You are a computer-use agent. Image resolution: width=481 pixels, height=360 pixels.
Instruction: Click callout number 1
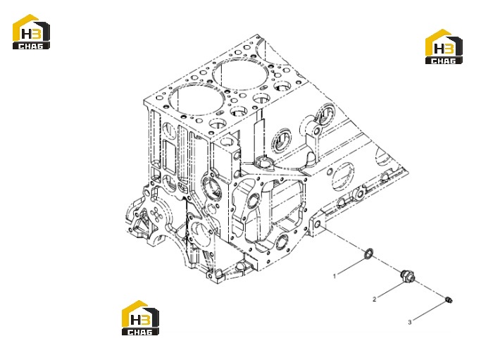[x=335, y=276]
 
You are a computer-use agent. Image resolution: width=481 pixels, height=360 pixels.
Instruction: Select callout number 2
[x=374, y=299]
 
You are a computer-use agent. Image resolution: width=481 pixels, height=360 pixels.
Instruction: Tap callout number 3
[x=410, y=322]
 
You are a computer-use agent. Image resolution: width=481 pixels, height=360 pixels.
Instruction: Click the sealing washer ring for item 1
[x=368, y=254]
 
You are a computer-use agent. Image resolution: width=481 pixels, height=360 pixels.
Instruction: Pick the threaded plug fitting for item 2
[x=408, y=275]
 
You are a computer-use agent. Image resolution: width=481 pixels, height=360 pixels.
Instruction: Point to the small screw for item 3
[x=449, y=299]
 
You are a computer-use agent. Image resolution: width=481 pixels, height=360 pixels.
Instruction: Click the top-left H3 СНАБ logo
[x=31, y=32]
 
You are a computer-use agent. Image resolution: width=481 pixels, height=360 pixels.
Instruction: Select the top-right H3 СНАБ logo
[x=444, y=46]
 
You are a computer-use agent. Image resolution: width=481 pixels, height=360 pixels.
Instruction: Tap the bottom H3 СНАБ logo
[x=140, y=318]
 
